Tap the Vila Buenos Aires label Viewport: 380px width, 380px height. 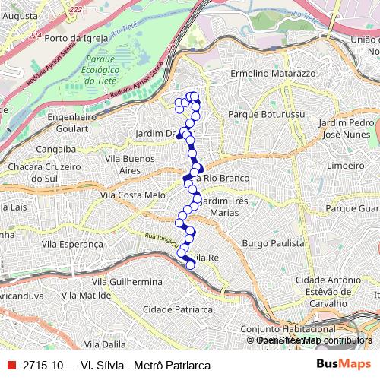[x=124, y=165]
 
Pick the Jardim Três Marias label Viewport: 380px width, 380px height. [x=221, y=207]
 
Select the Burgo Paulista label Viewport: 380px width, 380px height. [x=273, y=243]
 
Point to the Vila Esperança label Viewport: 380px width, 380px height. [x=72, y=244]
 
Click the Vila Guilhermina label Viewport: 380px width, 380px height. [x=125, y=280]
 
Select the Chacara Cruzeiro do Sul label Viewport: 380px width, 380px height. [x=33, y=172]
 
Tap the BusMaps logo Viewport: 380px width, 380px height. [x=344, y=365]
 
